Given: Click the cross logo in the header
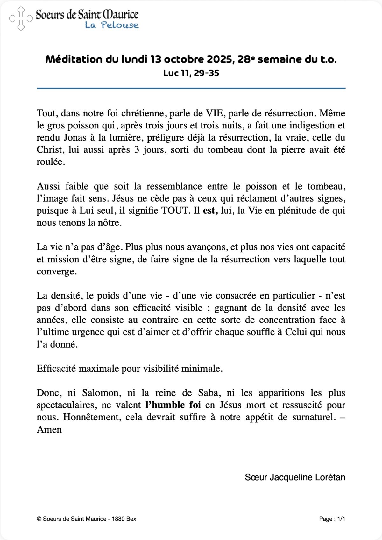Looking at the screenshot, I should tap(21, 19).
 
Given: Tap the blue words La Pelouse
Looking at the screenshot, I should tap(111, 25).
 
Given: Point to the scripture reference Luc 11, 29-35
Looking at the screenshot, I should tap(191, 73).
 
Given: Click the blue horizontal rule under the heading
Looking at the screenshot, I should tap(191, 88).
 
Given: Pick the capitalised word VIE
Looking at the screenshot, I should tap(214, 114).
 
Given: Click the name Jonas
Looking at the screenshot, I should tap(75, 138).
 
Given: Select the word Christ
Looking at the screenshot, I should tap(49, 150).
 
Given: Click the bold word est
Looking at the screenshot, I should tap(210, 211).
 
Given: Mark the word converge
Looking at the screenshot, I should tap(56, 272).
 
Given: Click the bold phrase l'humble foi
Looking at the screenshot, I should tap(173, 405).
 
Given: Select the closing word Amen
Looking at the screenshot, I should tap(49, 430).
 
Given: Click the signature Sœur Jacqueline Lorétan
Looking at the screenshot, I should tap(295, 477).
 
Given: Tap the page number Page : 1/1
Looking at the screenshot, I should tap(332, 519).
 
